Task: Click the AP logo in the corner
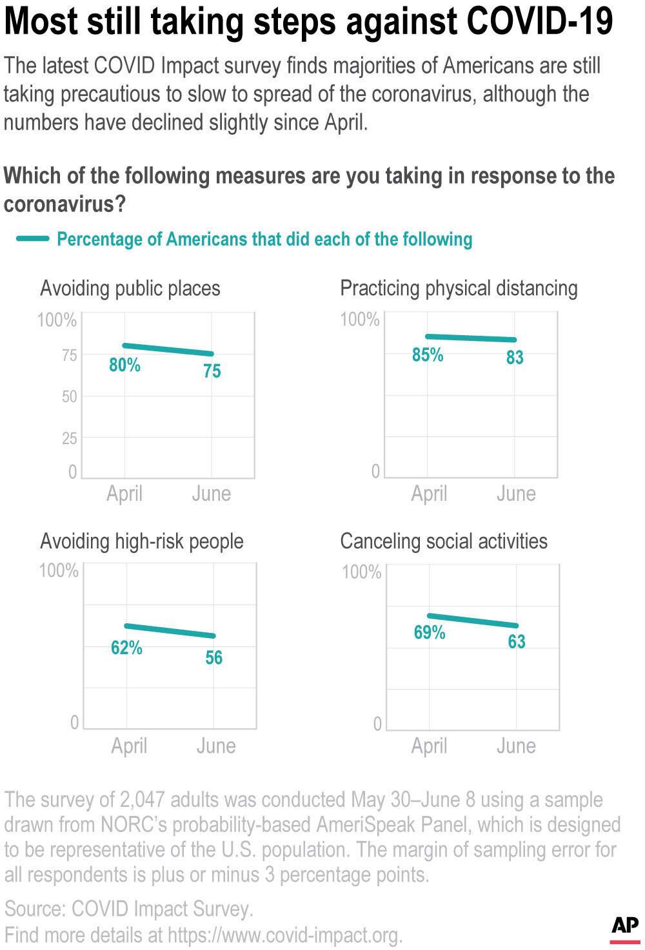tap(624, 927)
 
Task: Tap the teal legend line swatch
tap(32, 239)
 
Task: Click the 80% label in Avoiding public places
tap(124, 365)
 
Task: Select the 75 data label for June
tap(212, 371)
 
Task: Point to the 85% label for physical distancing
tap(428, 354)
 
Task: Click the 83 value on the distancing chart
tap(514, 358)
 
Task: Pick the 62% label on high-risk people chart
tap(126, 647)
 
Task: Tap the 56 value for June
tap(213, 657)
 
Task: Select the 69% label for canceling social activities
tap(430, 632)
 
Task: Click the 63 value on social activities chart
tap(516, 641)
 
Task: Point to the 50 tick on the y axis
tap(69, 396)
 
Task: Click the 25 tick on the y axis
tap(69, 438)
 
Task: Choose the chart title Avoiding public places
tap(130, 288)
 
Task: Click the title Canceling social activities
tap(443, 541)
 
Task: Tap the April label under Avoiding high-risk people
tap(129, 746)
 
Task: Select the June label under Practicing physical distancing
tap(516, 494)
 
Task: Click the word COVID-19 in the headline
tap(539, 22)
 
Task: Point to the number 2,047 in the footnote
tap(145, 800)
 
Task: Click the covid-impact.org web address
tap(284, 935)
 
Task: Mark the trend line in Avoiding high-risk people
tap(170, 631)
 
